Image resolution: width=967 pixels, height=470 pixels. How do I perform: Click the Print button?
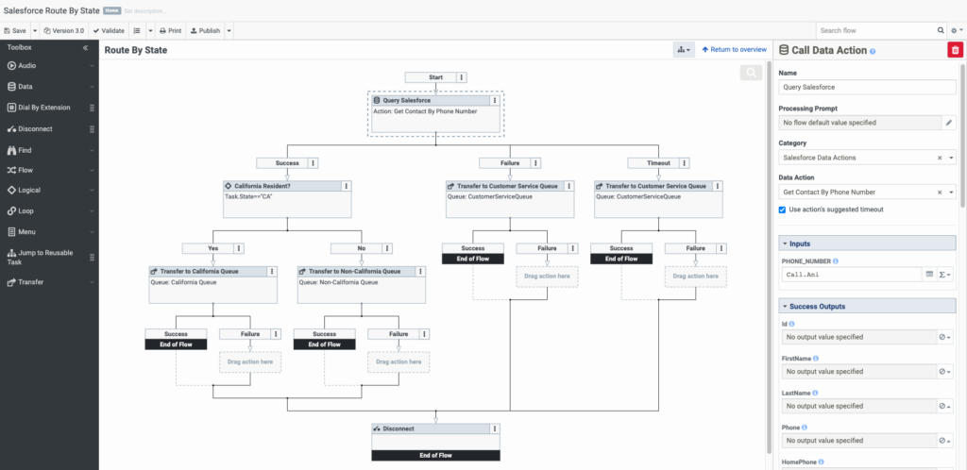[169, 30]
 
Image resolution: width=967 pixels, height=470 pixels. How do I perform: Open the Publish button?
[205, 30]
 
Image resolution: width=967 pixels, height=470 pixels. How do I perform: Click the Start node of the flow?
[430, 77]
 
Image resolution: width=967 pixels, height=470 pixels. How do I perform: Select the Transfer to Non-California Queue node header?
[354, 271]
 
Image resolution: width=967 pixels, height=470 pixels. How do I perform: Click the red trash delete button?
[954, 50]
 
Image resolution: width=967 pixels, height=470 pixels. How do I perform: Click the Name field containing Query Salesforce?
[867, 87]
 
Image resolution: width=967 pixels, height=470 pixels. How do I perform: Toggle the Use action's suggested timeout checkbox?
[783, 210]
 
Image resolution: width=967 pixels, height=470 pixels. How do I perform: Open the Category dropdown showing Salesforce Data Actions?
[860, 158]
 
